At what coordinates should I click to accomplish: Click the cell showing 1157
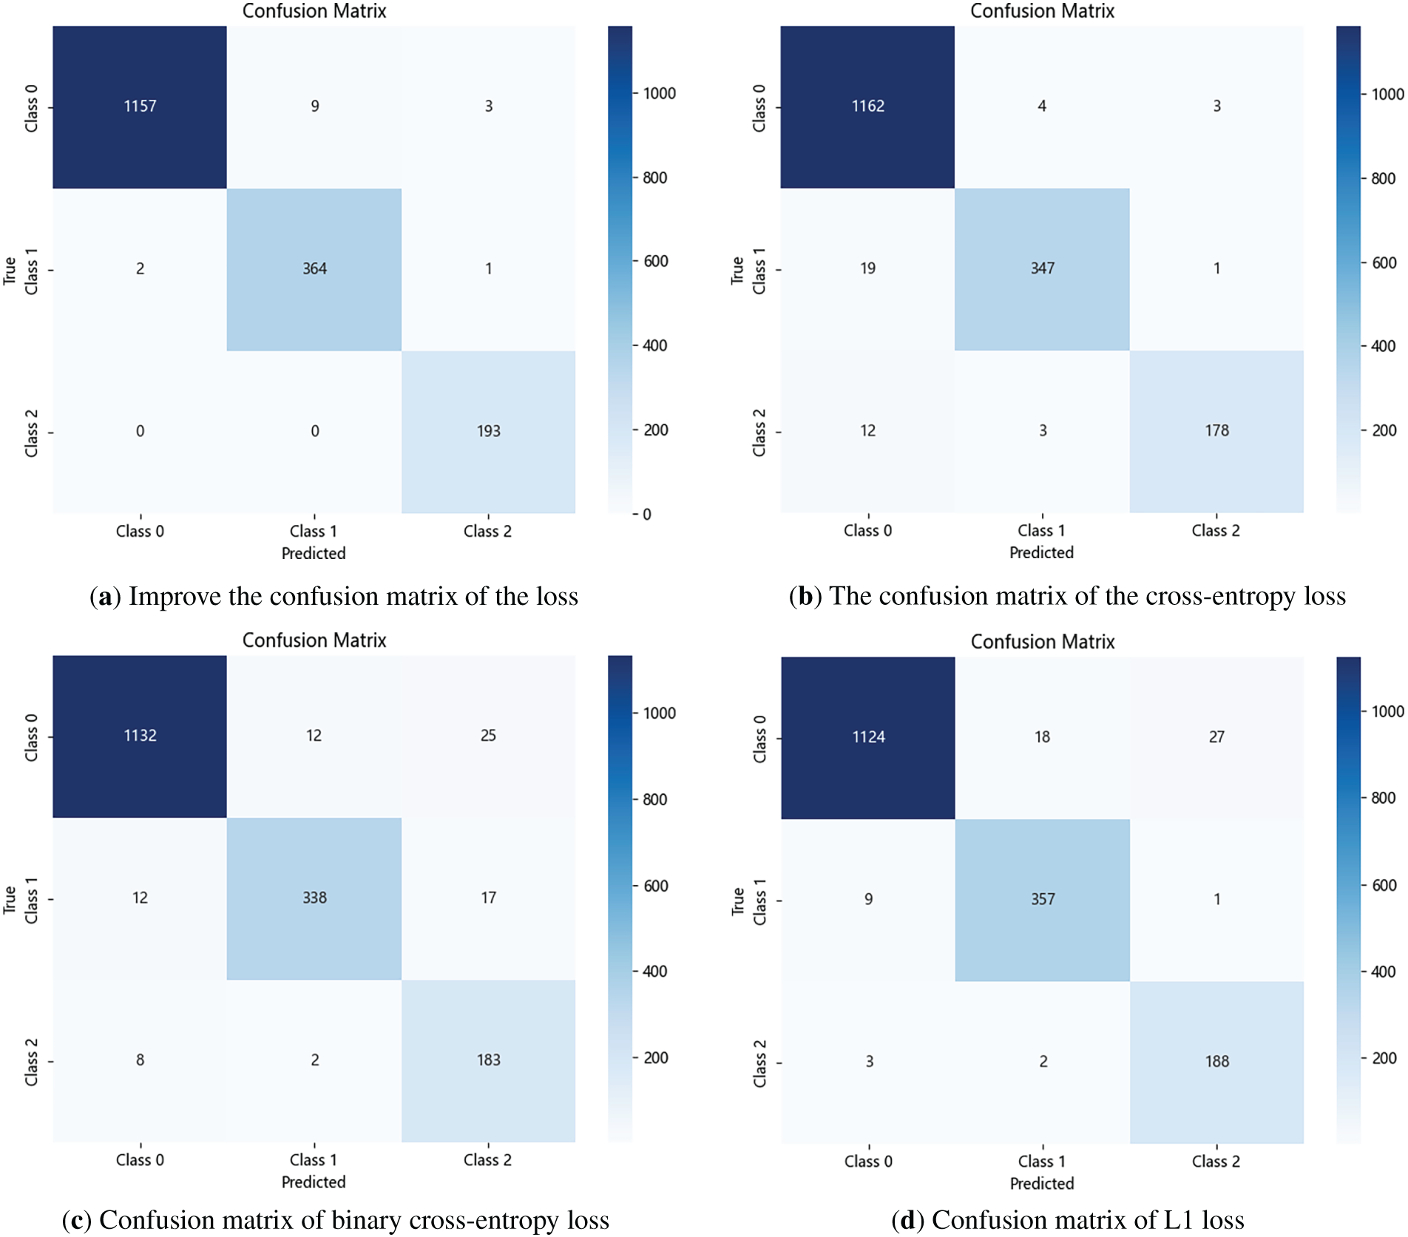click(x=140, y=106)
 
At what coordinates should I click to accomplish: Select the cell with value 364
click(x=314, y=269)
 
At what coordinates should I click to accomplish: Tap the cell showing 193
click(x=488, y=432)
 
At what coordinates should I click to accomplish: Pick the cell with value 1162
click(x=867, y=106)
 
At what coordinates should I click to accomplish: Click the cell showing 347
click(x=1042, y=269)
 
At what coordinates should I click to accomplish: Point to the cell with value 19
click(x=867, y=269)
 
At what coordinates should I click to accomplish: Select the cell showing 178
click(x=1216, y=431)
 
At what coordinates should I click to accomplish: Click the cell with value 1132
click(x=140, y=736)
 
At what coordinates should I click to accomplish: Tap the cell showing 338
click(x=314, y=898)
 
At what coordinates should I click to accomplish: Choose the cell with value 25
click(x=488, y=736)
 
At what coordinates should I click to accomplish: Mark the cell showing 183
click(x=488, y=1061)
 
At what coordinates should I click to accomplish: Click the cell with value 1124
click(x=868, y=738)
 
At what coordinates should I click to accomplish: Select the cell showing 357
click(x=1043, y=900)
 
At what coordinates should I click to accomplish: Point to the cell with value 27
click(x=1216, y=738)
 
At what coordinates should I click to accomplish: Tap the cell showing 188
click(x=1216, y=1063)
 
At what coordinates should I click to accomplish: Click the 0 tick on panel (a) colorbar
click(x=647, y=515)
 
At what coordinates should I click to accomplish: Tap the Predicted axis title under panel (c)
click(x=314, y=1182)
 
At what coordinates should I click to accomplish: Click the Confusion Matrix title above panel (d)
click(x=1043, y=642)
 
